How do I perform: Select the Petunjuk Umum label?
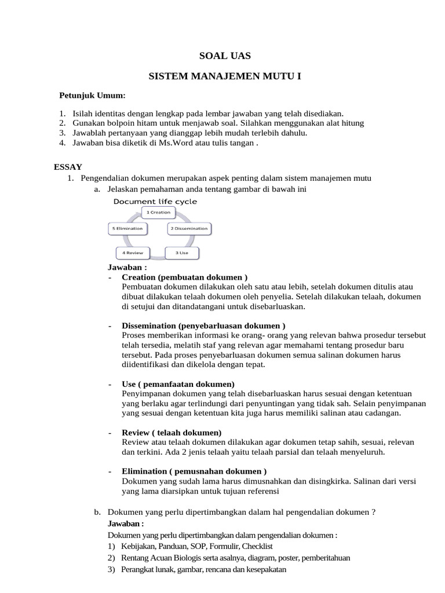[93, 95]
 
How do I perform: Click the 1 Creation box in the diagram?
[158, 213]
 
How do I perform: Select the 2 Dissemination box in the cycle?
[189, 229]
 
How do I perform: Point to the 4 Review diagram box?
[133, 253]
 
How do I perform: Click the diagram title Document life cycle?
[155, 202]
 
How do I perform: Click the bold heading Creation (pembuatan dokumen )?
[184, 277]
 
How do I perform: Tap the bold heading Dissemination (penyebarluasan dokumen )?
[203, 325]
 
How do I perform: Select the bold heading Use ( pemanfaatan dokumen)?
[178, 384]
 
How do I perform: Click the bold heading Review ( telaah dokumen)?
[172, 433]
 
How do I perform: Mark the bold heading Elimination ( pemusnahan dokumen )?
[194, 471]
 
